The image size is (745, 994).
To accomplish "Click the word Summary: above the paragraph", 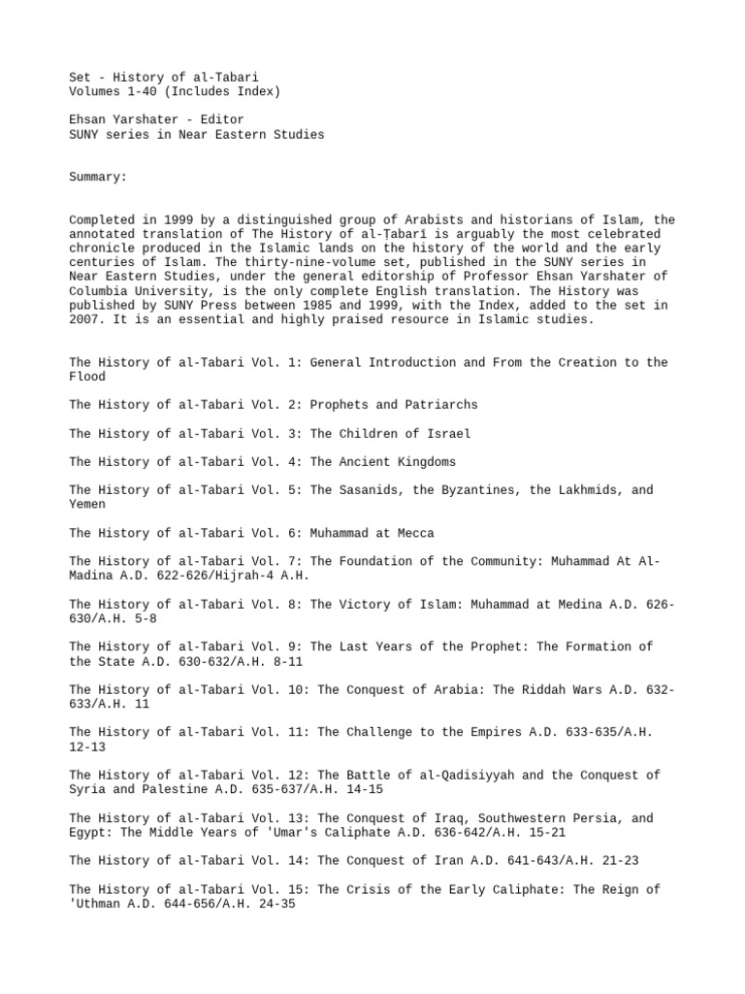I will (98, 179).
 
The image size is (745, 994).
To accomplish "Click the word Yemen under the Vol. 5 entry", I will (87, 505).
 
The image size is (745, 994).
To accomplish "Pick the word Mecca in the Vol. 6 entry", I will (412, 533).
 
